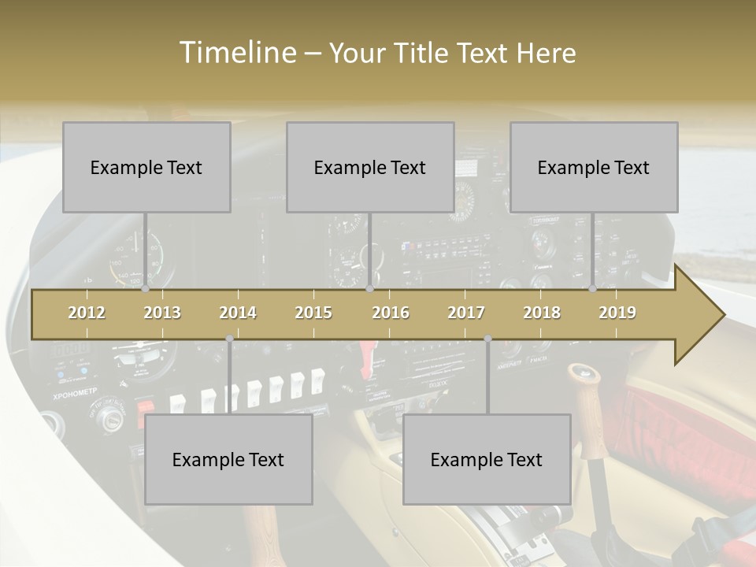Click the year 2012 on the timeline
(87, 313)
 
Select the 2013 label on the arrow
(162, 313)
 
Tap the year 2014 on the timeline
(238, 313)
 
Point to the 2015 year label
(313, 313)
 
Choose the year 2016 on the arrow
(391, 313)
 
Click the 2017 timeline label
(466, 313)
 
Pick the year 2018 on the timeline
(542, 313)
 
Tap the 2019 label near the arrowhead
(617, 313)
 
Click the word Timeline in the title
(236, 53)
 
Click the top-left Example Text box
(146, 167)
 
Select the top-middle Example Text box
(370, 167)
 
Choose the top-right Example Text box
(594, 167)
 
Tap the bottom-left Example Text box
(228, 459)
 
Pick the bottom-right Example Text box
(487, 459)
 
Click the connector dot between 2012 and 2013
(146, 289)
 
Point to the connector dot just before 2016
(369, 289)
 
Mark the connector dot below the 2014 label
(229, 339)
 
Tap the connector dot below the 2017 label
(487, 339)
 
